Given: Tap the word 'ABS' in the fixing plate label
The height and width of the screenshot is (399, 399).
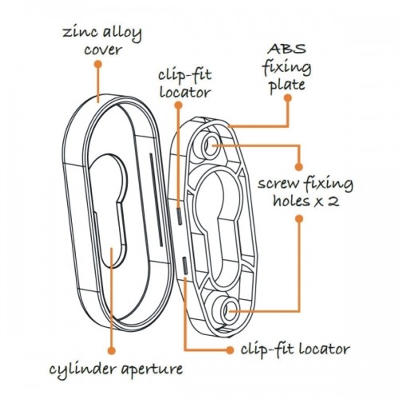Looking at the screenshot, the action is point(286,49).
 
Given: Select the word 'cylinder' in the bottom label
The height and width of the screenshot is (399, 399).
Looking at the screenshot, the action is point(83,370).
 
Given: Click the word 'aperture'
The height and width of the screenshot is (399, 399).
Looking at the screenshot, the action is point(152,370).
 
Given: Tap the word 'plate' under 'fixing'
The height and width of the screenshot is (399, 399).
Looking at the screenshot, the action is point(287,85).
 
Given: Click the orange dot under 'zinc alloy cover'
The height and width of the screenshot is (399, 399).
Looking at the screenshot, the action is point(98,64).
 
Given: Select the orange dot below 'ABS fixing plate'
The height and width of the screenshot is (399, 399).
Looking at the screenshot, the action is point(287,98).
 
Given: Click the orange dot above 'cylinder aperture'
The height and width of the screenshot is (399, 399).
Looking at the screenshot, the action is point(112,350).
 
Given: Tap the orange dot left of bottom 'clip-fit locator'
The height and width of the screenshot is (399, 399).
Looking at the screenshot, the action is point(230,350).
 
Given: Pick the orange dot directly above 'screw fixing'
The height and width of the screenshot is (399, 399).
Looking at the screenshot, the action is point(299,167).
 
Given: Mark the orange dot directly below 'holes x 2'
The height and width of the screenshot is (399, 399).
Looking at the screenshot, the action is point(299,219).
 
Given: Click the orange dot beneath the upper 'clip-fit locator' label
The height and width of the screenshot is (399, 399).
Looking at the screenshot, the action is point(179,105).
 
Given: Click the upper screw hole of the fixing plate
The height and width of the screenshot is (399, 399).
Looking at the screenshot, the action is point(211,145).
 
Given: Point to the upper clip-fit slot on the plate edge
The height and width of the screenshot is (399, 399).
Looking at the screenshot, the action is point(180,215).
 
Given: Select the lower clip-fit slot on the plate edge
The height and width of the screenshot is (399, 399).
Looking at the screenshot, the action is point(185,266).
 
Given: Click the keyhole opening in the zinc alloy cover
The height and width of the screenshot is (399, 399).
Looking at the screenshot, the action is point(109,210).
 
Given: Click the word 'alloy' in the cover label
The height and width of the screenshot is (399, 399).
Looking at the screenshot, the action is point(122,34).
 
